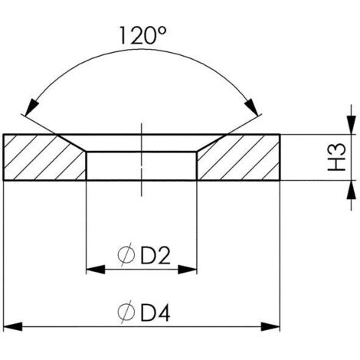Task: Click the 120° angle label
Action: pyautogui.click(x=142, y=36)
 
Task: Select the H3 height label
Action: pyautogui.click(x=335, y=158)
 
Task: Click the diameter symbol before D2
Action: pyautogui.click(x=127, y=253)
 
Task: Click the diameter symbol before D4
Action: pyautogui.click(x=127, y=313)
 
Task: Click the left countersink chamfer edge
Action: pyautogui.click(x=71, y=143)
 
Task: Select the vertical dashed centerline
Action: pyautogui.click(x=142, y=161)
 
